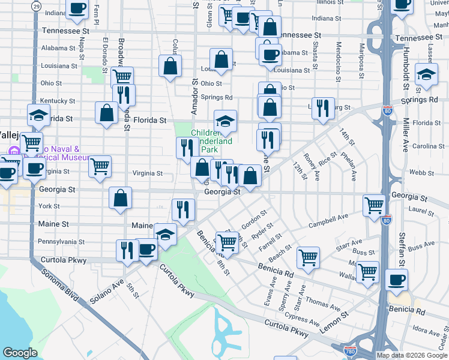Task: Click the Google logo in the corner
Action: pos(20,353)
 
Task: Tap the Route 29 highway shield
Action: pos(37,5)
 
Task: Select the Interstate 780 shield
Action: pos(350,350)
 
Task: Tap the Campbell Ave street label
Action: pos(328,225)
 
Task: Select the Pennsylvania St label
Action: pos(61,241)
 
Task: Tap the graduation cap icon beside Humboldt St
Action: pos(426,76)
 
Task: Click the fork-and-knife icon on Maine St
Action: pos(183,209)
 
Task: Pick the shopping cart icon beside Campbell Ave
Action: pos(374,206)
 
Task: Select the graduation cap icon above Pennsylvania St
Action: pos(165,234)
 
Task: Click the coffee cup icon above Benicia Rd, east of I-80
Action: pos(396,280)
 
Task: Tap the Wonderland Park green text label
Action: pos(212,141)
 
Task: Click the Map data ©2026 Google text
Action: pos(412,355)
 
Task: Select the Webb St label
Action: pos(421,172)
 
